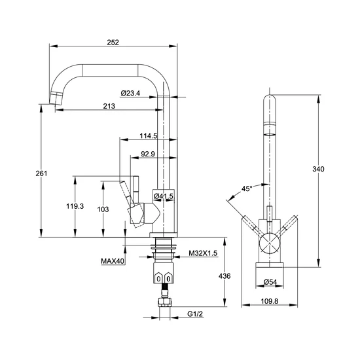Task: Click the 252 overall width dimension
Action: (x=113, y=43)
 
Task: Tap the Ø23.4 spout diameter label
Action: (x=130, y=93)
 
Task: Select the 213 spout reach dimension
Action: (x=109, y=106)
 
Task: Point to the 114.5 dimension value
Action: (x=149, y=136)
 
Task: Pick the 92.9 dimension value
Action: (x=148, y=154)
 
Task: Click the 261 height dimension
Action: (x=41, y=173)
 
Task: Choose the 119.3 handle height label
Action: (x=75, y=206)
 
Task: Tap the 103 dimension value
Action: (x=103, y=209)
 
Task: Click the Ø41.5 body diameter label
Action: (x=164, y=196)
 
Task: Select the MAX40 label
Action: (x=113, y=261)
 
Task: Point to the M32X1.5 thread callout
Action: (x=203, y=253)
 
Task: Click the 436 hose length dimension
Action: (x=225, y=276)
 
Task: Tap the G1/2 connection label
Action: (x=195, y=314)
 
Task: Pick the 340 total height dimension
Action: (x=319, y=169)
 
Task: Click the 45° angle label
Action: (x=247, y=189)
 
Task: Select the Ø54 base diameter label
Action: (x=270, y=281)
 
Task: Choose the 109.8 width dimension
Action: (x=270, y=301)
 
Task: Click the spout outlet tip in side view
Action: (x=56, y=98)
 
